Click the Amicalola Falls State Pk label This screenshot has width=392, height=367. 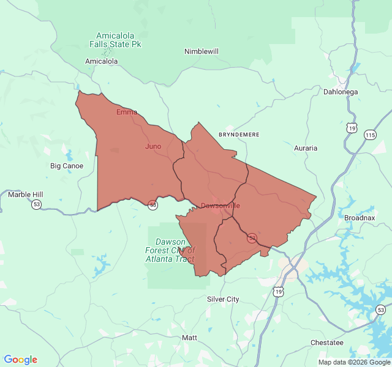tap(119, 40)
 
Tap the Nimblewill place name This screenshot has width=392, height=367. tap(202, 51)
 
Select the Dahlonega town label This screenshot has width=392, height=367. tap(341, 92)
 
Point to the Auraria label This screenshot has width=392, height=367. tap(306, 148)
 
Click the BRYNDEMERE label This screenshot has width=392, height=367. tap(239, 134)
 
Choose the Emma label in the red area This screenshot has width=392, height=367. tap(127, 112)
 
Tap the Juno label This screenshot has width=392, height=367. tap(153, 146)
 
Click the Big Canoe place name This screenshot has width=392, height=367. tap(67, 166)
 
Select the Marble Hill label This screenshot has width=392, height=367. tap(26, 195)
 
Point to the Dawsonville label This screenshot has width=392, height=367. tap(221, 206)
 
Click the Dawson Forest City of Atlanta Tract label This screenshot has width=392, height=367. tap(170, 250)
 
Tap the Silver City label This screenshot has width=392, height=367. tap(223, 299)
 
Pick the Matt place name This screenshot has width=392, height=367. tap(190, 338)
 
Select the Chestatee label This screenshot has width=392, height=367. tap(327, 343)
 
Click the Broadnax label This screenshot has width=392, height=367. tap(360, 218)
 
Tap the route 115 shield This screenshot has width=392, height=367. tap(370, 135)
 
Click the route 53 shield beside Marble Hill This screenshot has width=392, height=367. tap(37, 204)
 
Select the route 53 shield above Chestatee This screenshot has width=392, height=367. tap(381, 310)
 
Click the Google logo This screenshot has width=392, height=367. tap(20, 360)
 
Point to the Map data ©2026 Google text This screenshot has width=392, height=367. tap(353, 362)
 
